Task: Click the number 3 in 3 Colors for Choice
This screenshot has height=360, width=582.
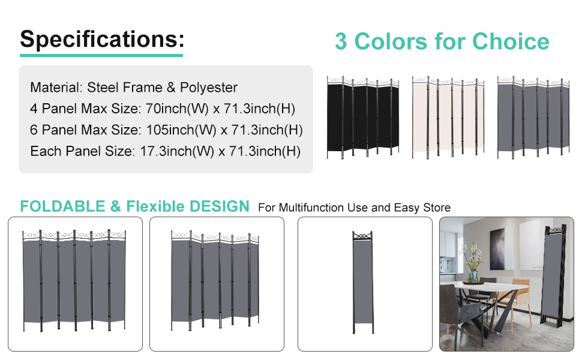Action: [x=341, y=42]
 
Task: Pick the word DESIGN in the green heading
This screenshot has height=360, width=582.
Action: [x=219, y=206]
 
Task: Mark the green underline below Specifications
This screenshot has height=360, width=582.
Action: [x=101, y=56]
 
